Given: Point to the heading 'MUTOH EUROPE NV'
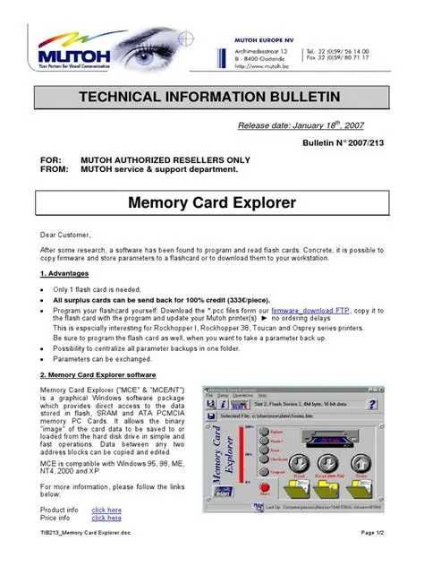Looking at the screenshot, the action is point(264,40).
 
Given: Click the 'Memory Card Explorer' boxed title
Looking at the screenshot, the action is point(211,202).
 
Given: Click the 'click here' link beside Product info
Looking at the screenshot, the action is point(106,510).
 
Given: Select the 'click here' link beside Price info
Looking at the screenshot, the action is point(106,518).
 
